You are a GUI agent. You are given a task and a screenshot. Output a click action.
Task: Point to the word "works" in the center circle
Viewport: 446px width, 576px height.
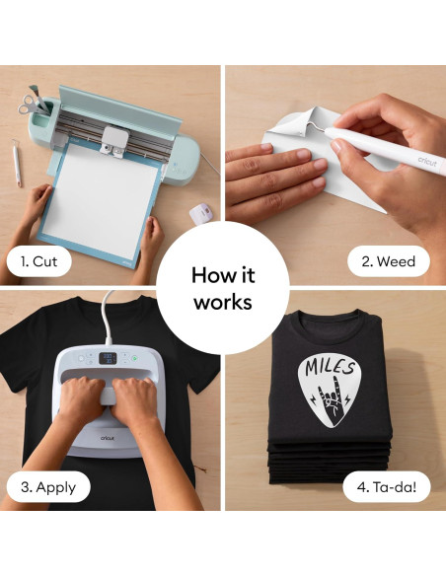pyautogui.click(x=223, y=302)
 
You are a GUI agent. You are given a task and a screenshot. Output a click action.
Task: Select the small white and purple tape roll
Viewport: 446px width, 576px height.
pyautogui.click(x=201, y=213)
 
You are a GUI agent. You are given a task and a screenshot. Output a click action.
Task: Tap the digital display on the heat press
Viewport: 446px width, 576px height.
pyautogui.click(x=111, y=359)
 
